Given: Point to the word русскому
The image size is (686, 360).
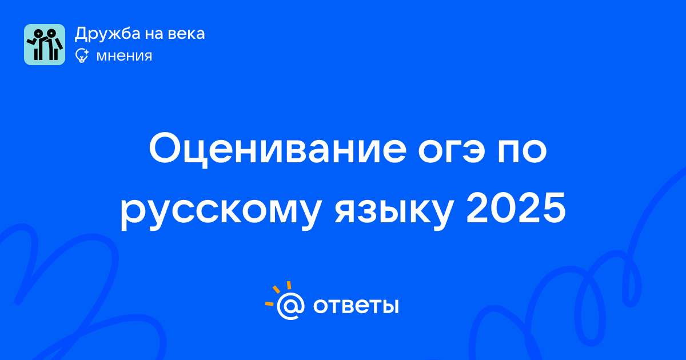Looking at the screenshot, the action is tap(221, 211).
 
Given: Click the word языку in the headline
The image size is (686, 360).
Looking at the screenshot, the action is tap(394, 211).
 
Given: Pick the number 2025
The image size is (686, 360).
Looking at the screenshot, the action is tap(516, 208).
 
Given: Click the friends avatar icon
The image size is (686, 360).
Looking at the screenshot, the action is tap(45, 45).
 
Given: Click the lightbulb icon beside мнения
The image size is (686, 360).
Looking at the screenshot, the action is tap(82, 56).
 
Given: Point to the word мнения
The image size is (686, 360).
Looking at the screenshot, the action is tap(124, 57).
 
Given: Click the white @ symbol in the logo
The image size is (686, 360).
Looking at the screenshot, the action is tap(290, 306).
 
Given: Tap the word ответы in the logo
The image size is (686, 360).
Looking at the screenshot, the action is tap(356, 306).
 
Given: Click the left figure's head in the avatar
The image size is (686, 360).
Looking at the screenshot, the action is tap(38, 34).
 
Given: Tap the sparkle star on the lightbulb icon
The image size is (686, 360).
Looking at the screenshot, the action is tap(86, 52).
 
